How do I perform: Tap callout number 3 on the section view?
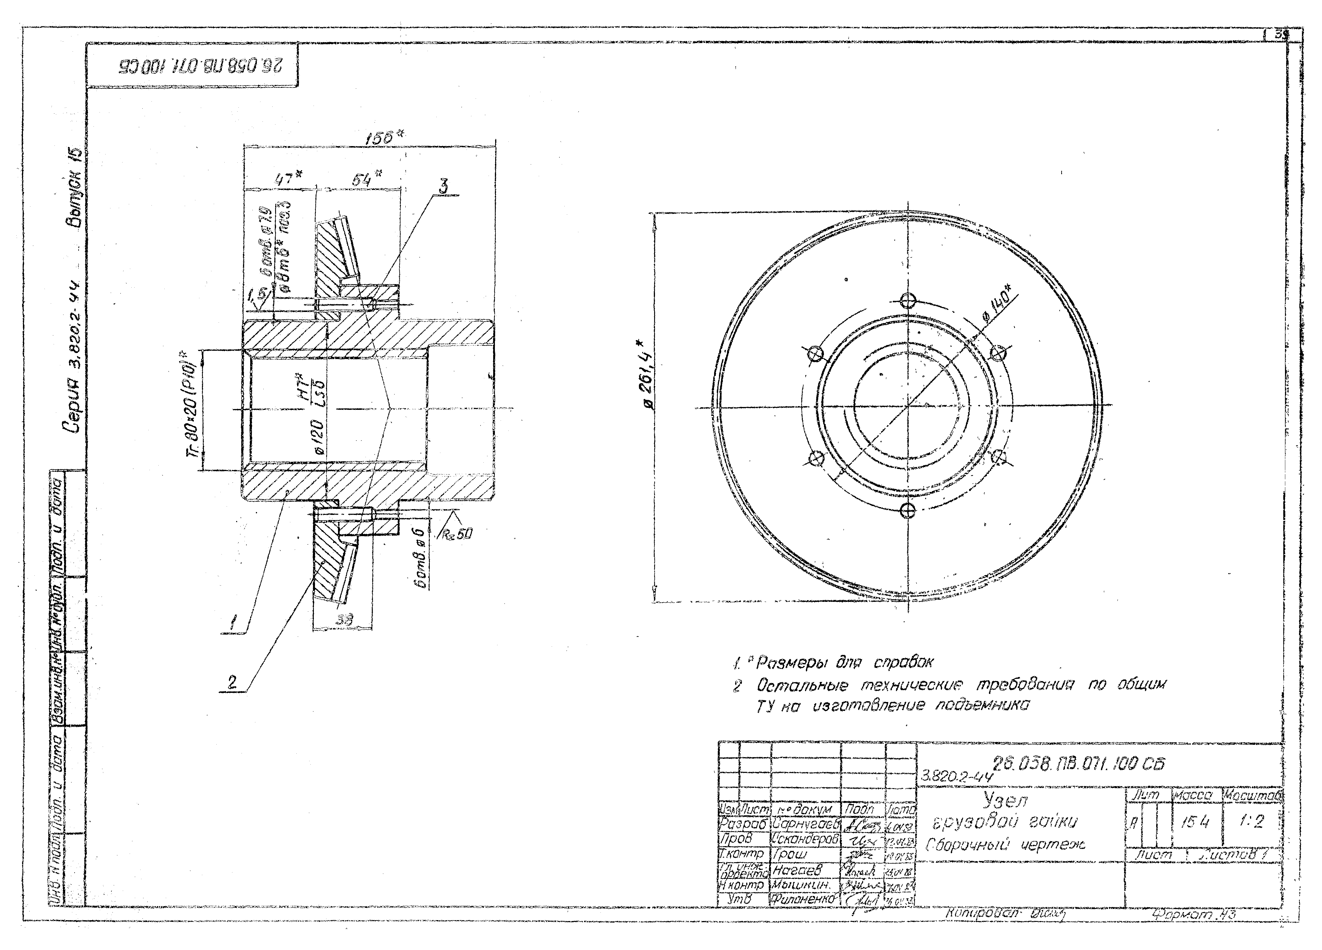coord(443,187)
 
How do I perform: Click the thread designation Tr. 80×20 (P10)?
coord(194,409)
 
